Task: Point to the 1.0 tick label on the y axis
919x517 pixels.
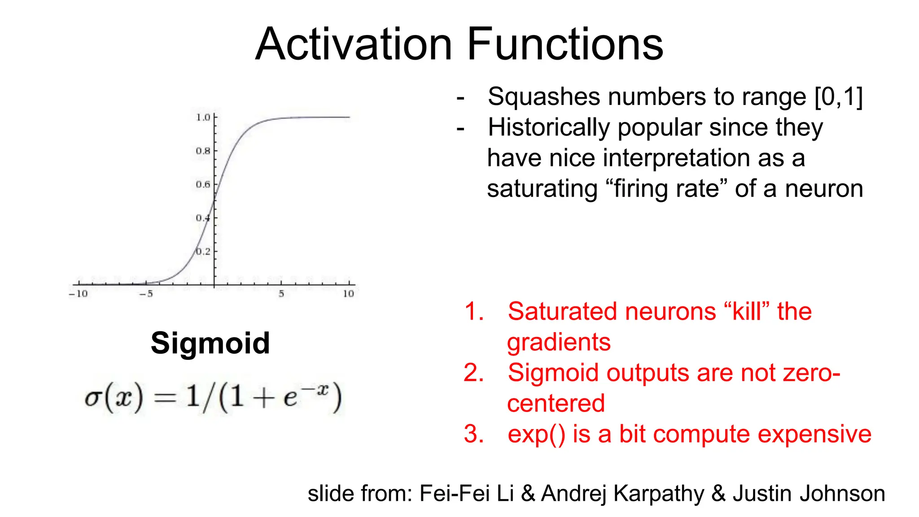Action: pos(203,118)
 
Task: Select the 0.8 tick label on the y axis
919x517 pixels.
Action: pos(203,151)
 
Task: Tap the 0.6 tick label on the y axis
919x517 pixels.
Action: pos(203,184)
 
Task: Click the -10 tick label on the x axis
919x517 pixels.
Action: pos(78,294)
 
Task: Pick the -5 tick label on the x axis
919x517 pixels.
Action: pos(146,294)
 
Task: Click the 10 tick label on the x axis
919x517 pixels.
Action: pos(349,294)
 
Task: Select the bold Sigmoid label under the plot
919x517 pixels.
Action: pos(210,343)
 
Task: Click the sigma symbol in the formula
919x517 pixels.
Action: pos(92,398)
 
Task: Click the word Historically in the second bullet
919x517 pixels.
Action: pos(549,127)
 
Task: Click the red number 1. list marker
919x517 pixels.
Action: pos(474,311)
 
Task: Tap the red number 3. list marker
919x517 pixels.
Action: pos(474,434)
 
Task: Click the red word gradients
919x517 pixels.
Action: pos(559,342)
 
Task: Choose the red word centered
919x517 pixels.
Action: pos(556,403)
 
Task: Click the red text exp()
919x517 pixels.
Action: pos(536,434)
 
